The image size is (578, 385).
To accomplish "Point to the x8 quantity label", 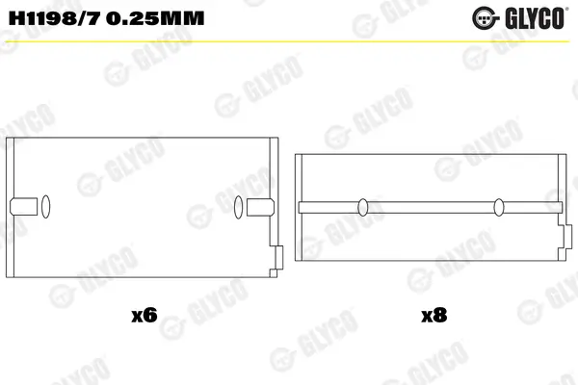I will coord(433,315).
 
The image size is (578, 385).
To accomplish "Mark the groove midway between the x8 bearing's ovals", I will coord(431,205).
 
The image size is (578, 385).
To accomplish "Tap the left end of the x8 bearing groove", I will coord(302,205).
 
